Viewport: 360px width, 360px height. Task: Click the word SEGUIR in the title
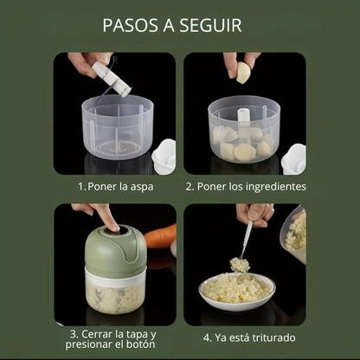click(x=210, y=25)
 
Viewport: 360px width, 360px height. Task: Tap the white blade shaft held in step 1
click(x=112, y=79)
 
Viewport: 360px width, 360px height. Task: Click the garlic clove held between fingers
click(x=243, y=73)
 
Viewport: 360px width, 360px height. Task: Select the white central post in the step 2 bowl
click(x=245, y=119)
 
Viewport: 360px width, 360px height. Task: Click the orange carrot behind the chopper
click(x=161, y=236)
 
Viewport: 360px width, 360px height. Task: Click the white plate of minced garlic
click(x=237, y=292)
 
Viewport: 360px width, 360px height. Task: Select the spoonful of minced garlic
click(x=240, y=265)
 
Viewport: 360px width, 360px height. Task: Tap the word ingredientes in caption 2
click(x=276, y=187)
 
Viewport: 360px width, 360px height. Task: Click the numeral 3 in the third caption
click(x=74, y=334)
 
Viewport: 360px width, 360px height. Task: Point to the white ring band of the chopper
click(x=115, y=276)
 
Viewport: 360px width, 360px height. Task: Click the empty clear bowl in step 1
click(x=118, y=127)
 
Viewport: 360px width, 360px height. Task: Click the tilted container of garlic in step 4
click(x=293, y=234)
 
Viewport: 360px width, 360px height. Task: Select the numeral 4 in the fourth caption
click(x=207, y=337)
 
